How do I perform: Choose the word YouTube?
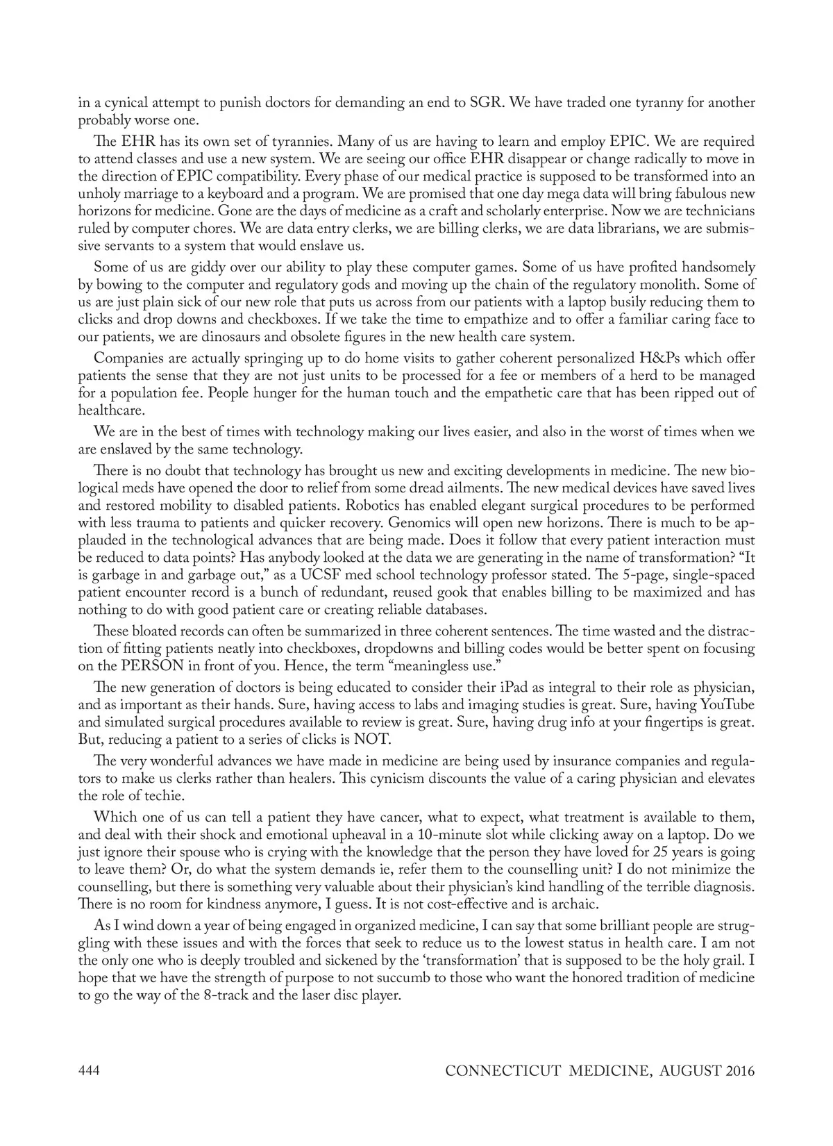coord(727,705)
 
